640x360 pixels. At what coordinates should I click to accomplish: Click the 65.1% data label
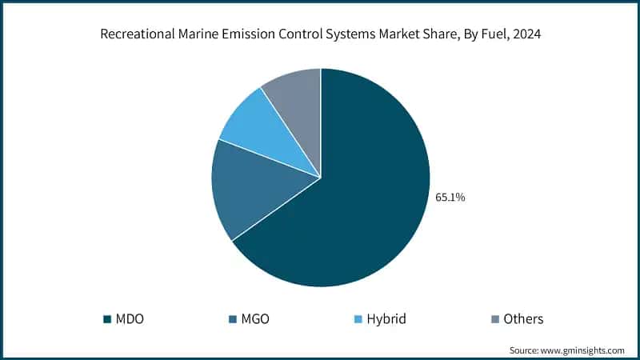coord(450,197)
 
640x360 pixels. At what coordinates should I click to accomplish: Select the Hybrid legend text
coord(386,318)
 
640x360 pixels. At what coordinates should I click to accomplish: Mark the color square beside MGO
coord(232,319)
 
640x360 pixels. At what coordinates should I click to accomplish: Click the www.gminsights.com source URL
coord(587,350)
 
